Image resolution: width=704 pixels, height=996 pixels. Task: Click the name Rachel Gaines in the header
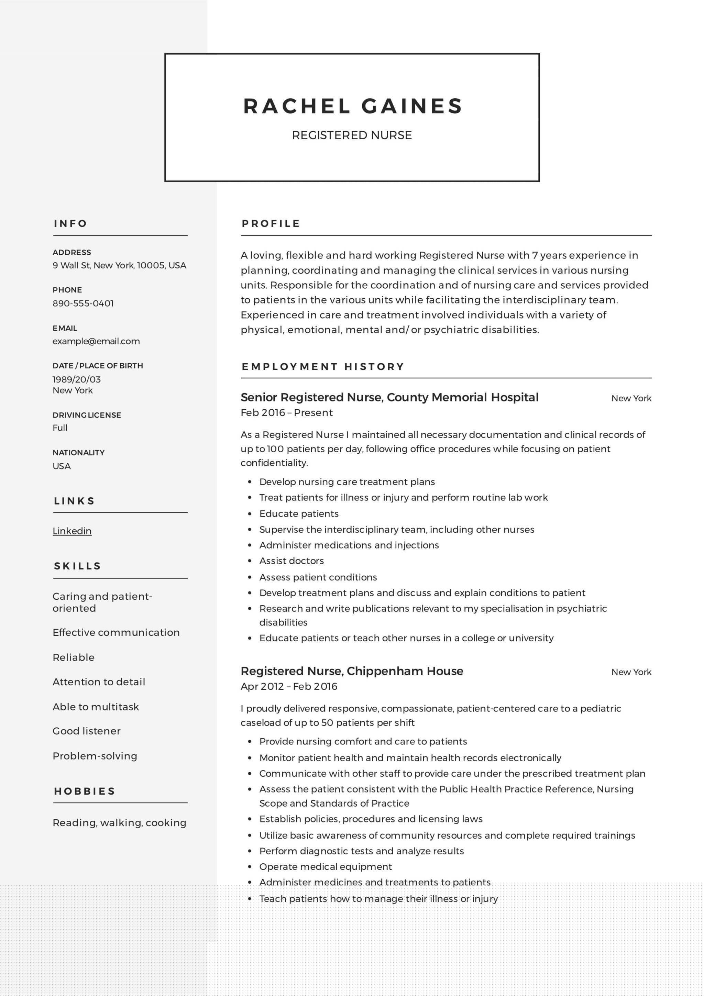[353, 106]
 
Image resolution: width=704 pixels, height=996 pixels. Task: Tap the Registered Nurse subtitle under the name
[352, 135]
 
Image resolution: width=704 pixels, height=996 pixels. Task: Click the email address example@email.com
[96, 341]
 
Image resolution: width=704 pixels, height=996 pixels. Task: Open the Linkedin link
[72, 531]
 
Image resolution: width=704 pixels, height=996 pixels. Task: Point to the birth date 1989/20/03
[77, 379]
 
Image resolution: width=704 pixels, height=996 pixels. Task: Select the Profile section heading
[271, 224]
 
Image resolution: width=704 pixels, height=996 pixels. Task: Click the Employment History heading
[323, 367]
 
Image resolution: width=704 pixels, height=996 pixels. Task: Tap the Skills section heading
[78, 566]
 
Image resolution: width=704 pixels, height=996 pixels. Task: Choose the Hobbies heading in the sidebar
[85, 791]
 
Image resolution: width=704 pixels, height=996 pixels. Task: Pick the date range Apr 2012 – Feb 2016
[289, 687]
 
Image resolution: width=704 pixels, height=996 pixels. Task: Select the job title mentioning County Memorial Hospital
[389, 397]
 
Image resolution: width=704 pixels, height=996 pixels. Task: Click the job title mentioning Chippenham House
[352, 672]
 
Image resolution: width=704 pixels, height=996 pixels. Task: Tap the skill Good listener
[87, 731]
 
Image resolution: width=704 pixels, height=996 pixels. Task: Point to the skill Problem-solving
[95, 756]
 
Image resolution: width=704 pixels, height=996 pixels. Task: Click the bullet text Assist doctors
[291, 561]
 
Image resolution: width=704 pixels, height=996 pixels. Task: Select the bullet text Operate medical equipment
[325, 867]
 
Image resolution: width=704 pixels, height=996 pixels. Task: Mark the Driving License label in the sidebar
[87, 415]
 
